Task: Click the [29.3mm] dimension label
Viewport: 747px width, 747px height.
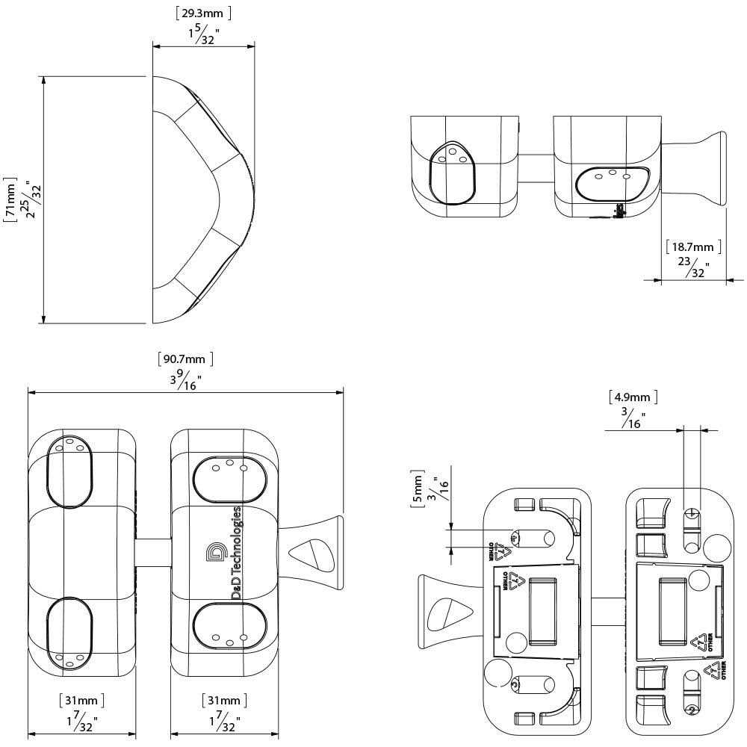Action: coord(203,13)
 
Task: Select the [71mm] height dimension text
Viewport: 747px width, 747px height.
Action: coord(10,199)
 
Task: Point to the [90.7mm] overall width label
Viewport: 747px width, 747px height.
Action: coord(186,359)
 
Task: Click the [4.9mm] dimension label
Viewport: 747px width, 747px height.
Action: coord(633,397)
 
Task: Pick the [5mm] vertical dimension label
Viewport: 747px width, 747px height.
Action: coord(417,490)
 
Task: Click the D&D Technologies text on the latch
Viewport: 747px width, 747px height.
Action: coord(236,552)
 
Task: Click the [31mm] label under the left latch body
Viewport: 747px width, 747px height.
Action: coord(81,701)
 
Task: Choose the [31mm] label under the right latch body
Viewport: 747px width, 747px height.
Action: coord(224,701)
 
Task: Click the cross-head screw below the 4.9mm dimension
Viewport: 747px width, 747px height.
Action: coord(692,514)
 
